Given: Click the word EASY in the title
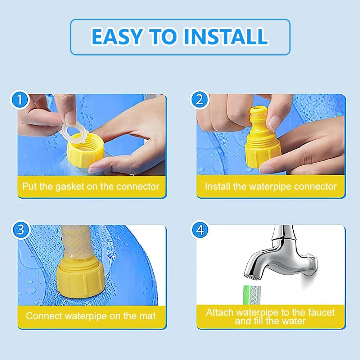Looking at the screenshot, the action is (x=116, y=36).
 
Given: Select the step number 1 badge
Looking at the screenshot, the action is (x=20, y=100).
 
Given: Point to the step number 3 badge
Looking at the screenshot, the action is (x=21, y=230).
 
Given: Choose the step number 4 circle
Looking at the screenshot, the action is (x=200, y=230).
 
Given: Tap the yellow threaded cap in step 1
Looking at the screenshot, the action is (x=85, y=150).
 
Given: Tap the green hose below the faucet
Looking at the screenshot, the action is (x=252, y=295).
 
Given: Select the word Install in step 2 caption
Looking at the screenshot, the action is (x=217, y=186).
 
